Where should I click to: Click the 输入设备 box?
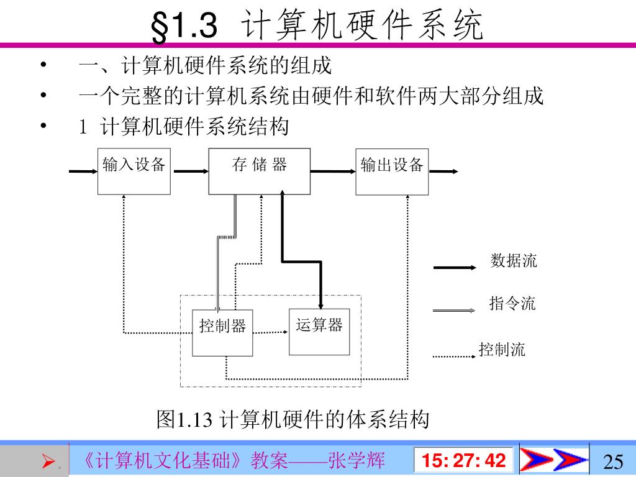pyautogui.click(x=134, y=171)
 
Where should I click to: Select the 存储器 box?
pyautogui.click(x=259, y=171)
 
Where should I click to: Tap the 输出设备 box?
pyautogui.click(x=392, y=171)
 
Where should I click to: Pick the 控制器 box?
pyautogui.click(x=222, y=333)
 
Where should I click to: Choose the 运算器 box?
pyautogui.click(x=319, y=332)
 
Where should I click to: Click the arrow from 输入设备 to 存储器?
pyautogui.click(x=189, y=171)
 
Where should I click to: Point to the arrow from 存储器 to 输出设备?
pyautogui.click(x=332, y=171)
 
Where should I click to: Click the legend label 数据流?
pyautogui.click(x=514, y=261)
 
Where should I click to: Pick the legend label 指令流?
pyautogui.click(x=512, y=304)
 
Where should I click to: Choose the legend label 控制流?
pyautogui.click(x=502, y=350)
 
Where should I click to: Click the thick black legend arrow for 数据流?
pyautogui.click(x=458, y=268)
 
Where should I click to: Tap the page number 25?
pyautogui.click(x=613, y=461)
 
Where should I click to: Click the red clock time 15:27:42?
pyautogui.click(x=464, y=461)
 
